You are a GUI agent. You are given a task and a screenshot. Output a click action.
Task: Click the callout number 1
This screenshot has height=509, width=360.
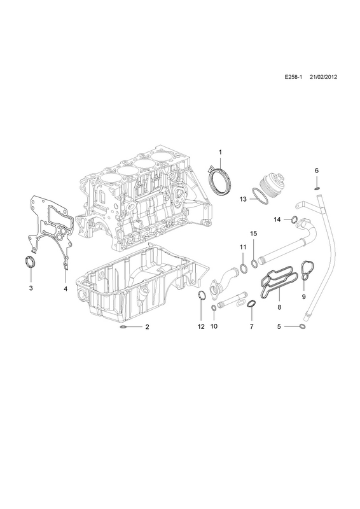point(220,152)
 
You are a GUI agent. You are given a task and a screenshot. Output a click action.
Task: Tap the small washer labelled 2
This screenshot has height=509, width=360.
point(124,326)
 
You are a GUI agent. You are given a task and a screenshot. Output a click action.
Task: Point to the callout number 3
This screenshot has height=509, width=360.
point(31,288)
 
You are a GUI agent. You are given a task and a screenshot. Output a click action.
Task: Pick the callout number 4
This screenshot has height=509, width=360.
point(66,288)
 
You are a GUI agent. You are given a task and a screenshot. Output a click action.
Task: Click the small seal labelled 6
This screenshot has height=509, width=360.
point(317,188)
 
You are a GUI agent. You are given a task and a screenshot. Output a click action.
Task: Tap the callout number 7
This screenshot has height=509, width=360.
point(252,326)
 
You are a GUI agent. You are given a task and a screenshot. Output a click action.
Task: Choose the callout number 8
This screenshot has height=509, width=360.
point(279,307)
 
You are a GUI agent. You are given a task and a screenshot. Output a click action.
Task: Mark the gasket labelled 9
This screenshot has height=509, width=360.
point(303,270)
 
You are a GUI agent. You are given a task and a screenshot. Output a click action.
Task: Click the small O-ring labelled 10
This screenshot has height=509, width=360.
point(214,307)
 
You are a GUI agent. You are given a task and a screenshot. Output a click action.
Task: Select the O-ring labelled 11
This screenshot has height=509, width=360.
point(242,267)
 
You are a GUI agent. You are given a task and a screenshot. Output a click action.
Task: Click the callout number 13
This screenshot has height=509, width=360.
point(243,199)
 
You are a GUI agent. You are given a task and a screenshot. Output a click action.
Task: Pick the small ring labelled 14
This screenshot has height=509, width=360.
point(294,220)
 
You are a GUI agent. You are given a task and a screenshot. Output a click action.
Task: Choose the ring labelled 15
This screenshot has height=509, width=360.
point(254,263)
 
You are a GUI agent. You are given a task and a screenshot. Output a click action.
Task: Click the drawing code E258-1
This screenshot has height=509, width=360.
point(293,77)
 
